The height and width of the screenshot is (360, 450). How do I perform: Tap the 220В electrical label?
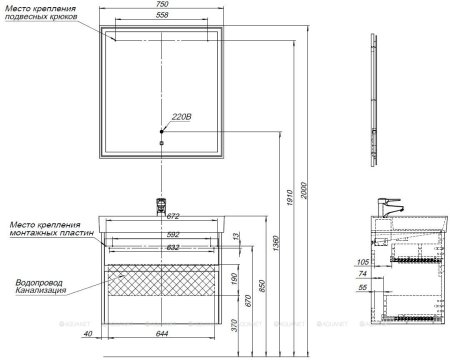[x=180, y=117]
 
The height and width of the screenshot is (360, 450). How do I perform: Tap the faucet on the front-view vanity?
[x=159, y=207]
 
